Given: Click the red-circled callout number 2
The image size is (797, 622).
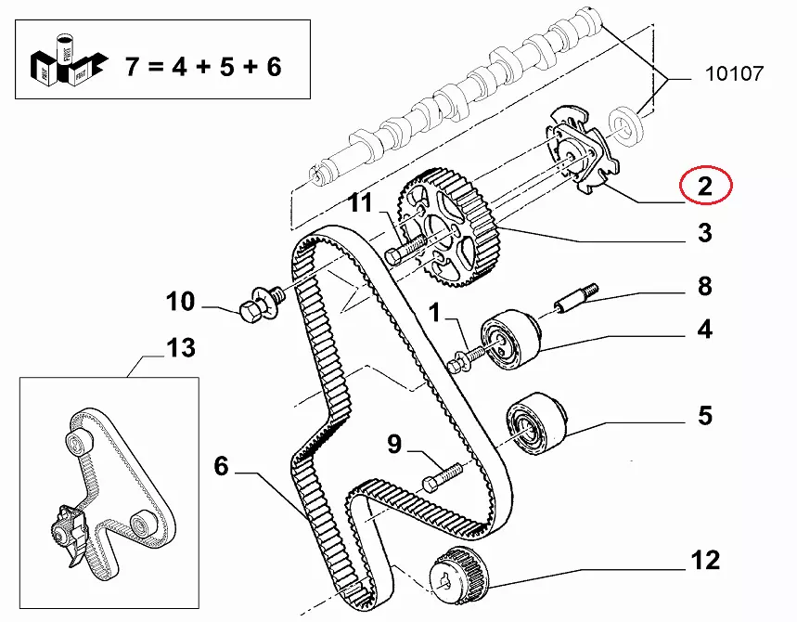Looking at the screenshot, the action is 705,187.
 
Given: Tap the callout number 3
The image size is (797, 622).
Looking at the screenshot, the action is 705,233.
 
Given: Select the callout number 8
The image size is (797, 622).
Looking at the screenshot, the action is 705,286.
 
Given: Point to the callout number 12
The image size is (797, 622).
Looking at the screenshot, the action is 705,560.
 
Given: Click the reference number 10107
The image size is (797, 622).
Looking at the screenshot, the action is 735,73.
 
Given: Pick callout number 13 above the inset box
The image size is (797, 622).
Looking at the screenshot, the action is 181,348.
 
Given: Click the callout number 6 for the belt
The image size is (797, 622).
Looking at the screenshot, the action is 221,466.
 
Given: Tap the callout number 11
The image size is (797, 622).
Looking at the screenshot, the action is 361,203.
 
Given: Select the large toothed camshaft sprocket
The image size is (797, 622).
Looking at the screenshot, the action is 447,229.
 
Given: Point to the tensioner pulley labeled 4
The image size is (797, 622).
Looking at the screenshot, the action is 509,338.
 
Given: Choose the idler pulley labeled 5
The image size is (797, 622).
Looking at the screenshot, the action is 536,423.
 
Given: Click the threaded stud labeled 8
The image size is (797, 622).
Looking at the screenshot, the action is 576,299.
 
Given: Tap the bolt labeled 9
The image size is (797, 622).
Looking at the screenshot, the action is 443,477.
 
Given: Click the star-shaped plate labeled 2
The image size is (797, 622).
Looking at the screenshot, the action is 583,150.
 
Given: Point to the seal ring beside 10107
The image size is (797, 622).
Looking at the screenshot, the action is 626,125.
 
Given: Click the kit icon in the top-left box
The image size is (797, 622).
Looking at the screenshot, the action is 69,60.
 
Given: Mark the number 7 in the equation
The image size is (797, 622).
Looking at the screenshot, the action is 133,67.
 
